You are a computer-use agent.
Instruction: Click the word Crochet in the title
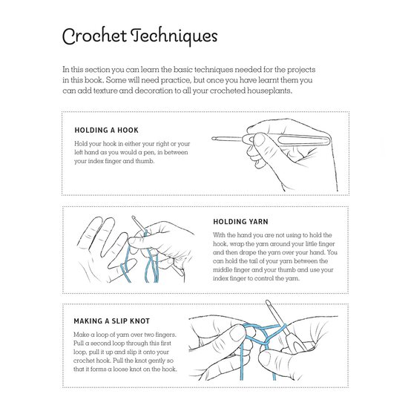(94, 36)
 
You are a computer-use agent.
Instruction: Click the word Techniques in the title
(174, 36)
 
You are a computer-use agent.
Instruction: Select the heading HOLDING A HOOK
(106, 131)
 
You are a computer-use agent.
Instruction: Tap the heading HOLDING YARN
(240, 222)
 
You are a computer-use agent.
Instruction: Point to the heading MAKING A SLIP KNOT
(112, 321)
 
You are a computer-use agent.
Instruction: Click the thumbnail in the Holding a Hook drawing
(259, 139)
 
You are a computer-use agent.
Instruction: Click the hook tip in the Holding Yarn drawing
(134, 217)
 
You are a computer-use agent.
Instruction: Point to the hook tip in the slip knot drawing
(267, 302)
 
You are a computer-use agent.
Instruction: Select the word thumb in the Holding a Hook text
(145, 161)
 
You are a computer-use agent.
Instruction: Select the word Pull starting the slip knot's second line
(79, 343)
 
